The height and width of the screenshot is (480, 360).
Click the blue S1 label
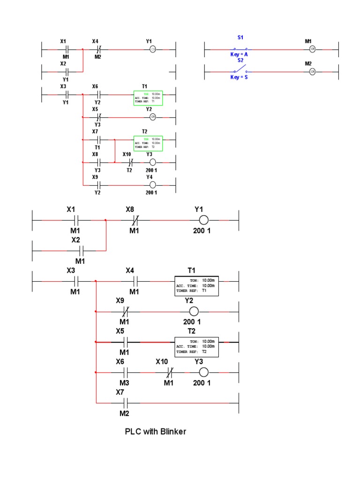pyautogui.click(x=240, y=37)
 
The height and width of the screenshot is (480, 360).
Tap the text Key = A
pyautogui.click(x=239, y=54)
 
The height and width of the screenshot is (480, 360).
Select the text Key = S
pyautogui.click(x=239, y=77)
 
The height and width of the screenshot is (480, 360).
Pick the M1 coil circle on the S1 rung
pyautogui.click(x=312, y=49)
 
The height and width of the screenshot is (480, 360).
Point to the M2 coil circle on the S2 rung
pyautogui.click(x=312, y=71)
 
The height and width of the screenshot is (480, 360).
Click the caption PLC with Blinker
pyautogui.click(x=155, y=431)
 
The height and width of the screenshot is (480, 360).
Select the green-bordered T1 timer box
pyautogui.click(x=148, y=97)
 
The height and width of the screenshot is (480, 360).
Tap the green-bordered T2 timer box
pyautogui.click(x=148, y=143)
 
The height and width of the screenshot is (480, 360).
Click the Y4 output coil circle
pyautogui.click(x=152, y=185)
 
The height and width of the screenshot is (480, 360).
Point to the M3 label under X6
pyautogui.click(x=124, y=383)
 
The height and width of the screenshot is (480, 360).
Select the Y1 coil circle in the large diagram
pyautogui.click(x=203, y=220)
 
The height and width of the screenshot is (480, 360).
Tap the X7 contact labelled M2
pyautogui.click(x=125, y=403)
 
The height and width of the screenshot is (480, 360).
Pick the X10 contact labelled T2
pyautogui.click(x=130, y=162)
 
